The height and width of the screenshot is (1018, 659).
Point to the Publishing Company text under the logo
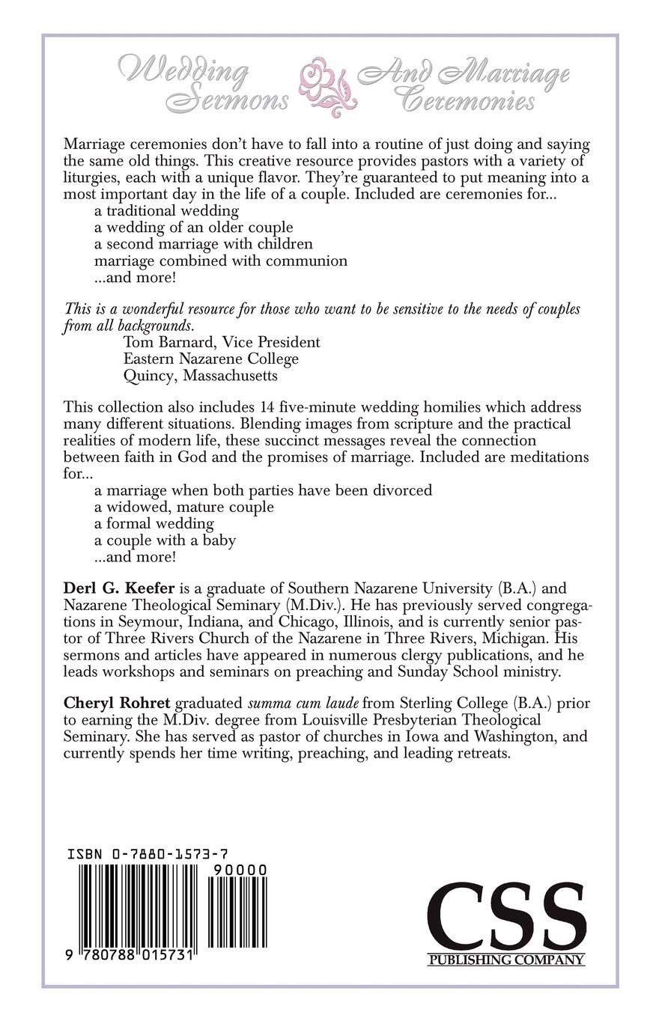coord(506,960)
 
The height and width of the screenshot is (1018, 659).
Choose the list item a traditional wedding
coord(166,210)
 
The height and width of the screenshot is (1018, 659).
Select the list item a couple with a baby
coord(165,540)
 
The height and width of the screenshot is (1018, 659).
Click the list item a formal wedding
coord(154,523)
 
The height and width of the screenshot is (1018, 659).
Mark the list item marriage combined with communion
coord(221,260)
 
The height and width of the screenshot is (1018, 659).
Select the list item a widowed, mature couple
coord(184,507)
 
